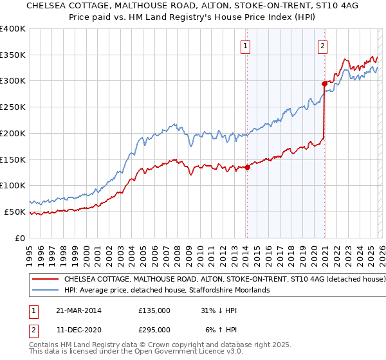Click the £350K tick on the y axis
13,55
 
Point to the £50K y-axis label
15,212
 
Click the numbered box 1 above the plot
246,46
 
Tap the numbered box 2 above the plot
322,46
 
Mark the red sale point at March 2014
247,168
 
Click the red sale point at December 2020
324,84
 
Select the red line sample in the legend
44,280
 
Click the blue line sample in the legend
44,291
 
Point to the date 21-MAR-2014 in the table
78,310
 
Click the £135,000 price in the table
154,310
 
